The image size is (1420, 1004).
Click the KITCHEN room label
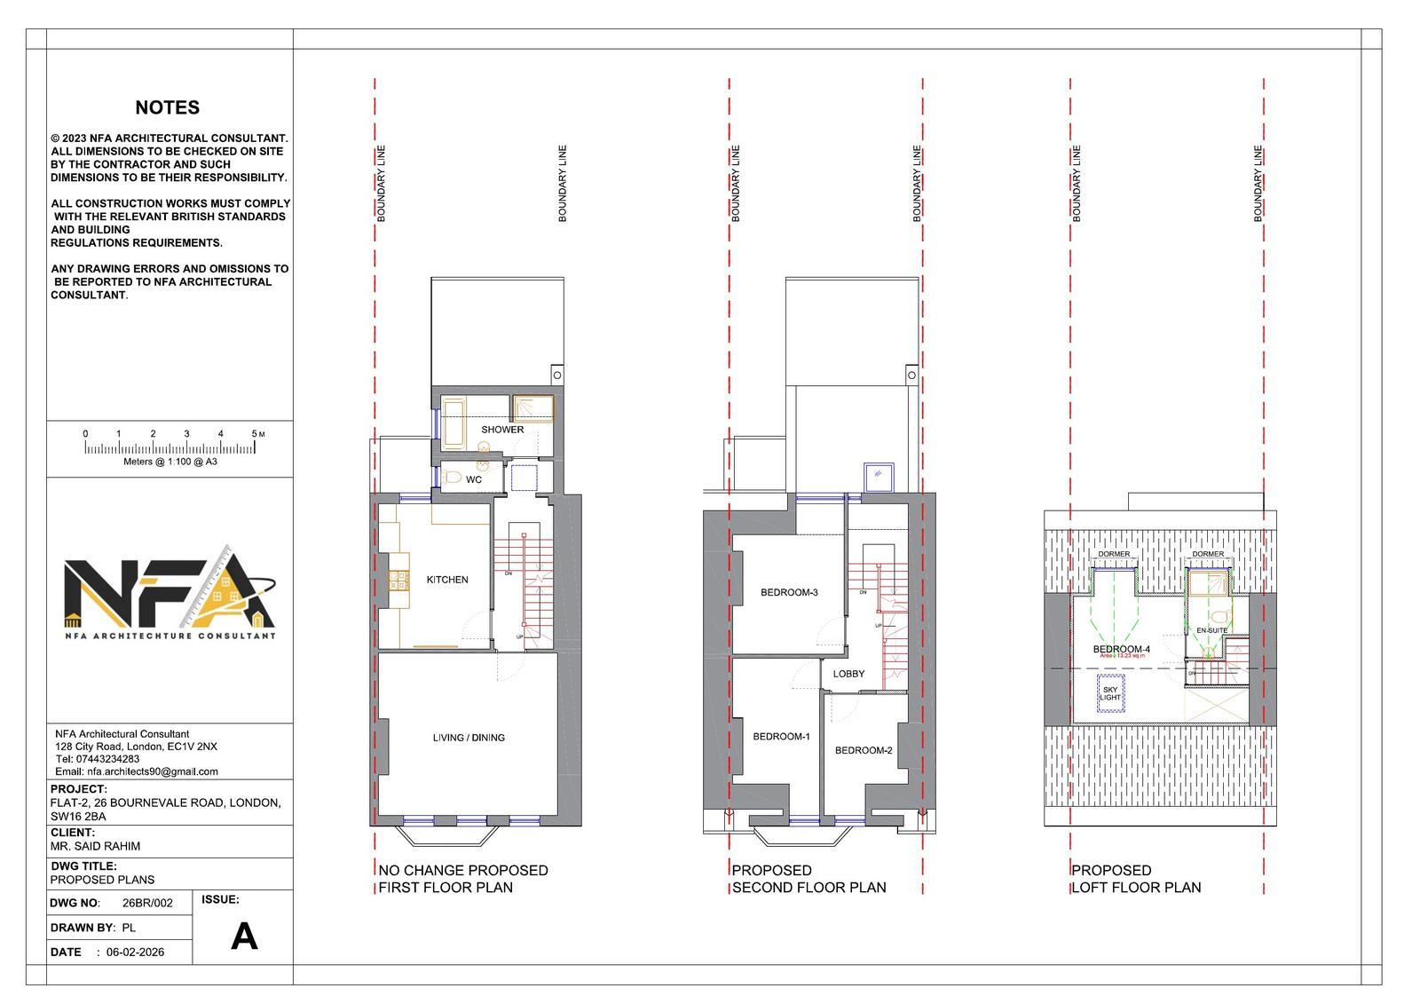[447, 580]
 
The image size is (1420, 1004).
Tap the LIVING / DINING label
[469, 738]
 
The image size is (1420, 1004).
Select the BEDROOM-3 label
[789, 593]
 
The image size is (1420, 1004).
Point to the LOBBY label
[848, 674]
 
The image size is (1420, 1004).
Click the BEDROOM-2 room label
[864, 750]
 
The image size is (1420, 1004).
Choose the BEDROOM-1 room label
[781, 737]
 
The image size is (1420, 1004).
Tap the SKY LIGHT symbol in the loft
[1110, 693]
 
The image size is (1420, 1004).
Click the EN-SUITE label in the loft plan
[1211, 630]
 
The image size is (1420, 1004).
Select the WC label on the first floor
[474, 480]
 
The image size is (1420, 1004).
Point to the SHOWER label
[502, 430]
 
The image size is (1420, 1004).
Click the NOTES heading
[167, 107]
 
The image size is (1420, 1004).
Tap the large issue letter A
[244, 937]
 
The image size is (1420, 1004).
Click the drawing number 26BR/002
[147, 903]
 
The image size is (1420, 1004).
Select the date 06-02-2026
[135, 952]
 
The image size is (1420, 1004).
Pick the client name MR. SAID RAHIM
[95, 846]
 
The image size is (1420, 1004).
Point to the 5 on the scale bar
[255, 434]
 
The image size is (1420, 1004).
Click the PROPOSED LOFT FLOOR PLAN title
[1135, 879]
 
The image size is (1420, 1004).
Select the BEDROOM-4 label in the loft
[1121, 649]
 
